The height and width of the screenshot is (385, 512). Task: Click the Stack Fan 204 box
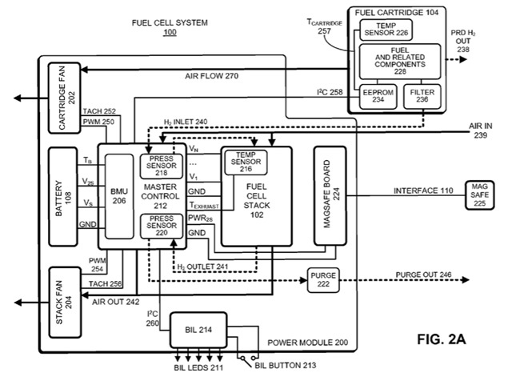(x=68, y=301)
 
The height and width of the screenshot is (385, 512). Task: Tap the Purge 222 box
(x=323, y=279)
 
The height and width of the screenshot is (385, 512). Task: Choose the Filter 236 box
(x=421, y=97)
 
